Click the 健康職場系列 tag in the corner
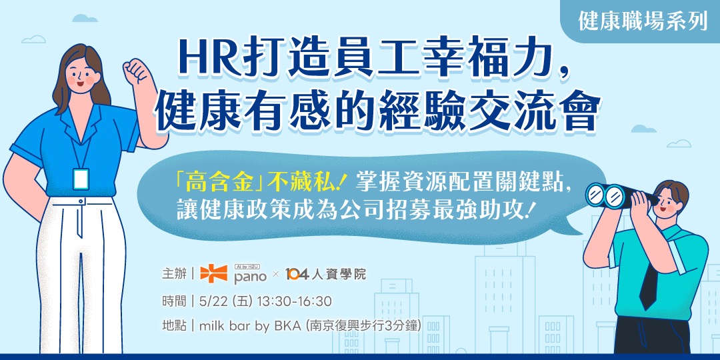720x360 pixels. [x=643, y=21]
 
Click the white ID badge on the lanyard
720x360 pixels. [x=81, y=179]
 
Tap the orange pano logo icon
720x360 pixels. [x=213, y=273]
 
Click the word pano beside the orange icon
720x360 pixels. [x=250, y=276]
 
